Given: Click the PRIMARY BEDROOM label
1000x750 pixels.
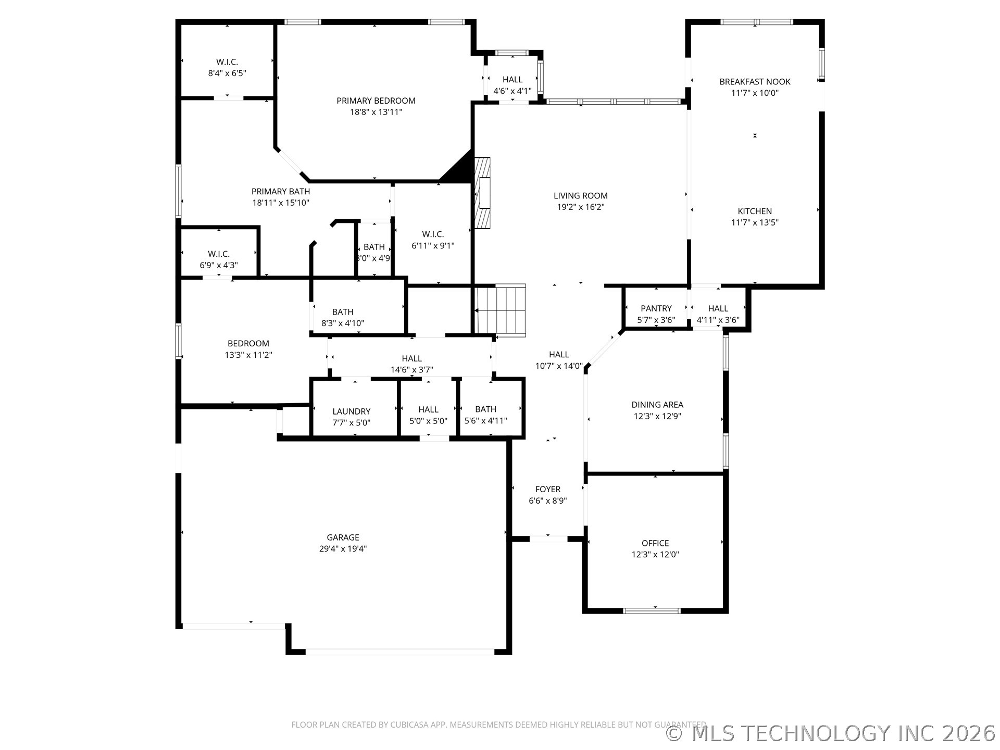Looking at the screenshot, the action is [376, 101].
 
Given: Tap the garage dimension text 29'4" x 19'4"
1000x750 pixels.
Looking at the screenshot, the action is [343, 548].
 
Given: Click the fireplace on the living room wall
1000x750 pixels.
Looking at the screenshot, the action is [483, 193].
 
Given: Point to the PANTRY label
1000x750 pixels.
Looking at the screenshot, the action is [656, 308].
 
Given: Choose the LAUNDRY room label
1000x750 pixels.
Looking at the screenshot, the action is [352, 411].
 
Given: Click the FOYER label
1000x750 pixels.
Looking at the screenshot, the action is [548, 489].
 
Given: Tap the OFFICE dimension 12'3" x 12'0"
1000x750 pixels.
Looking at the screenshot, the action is [655, 555].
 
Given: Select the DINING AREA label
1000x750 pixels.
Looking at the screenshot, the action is [657, 405].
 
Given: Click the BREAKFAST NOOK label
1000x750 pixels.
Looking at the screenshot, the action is [755, 82].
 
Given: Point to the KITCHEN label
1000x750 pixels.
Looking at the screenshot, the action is [755, 211].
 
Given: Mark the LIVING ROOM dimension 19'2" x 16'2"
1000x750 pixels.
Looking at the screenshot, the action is [581, 207].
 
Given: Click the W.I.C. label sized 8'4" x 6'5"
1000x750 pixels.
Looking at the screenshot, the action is [227, 62].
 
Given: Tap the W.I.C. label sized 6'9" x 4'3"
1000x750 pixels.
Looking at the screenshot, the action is [219, 254].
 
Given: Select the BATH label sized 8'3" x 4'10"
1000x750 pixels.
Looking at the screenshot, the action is [343, 312].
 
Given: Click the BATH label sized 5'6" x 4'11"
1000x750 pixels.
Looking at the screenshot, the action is [485, 409].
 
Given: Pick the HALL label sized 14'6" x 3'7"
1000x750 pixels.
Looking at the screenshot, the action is [411, 358].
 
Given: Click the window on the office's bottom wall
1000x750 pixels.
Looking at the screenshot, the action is [652, 610].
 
